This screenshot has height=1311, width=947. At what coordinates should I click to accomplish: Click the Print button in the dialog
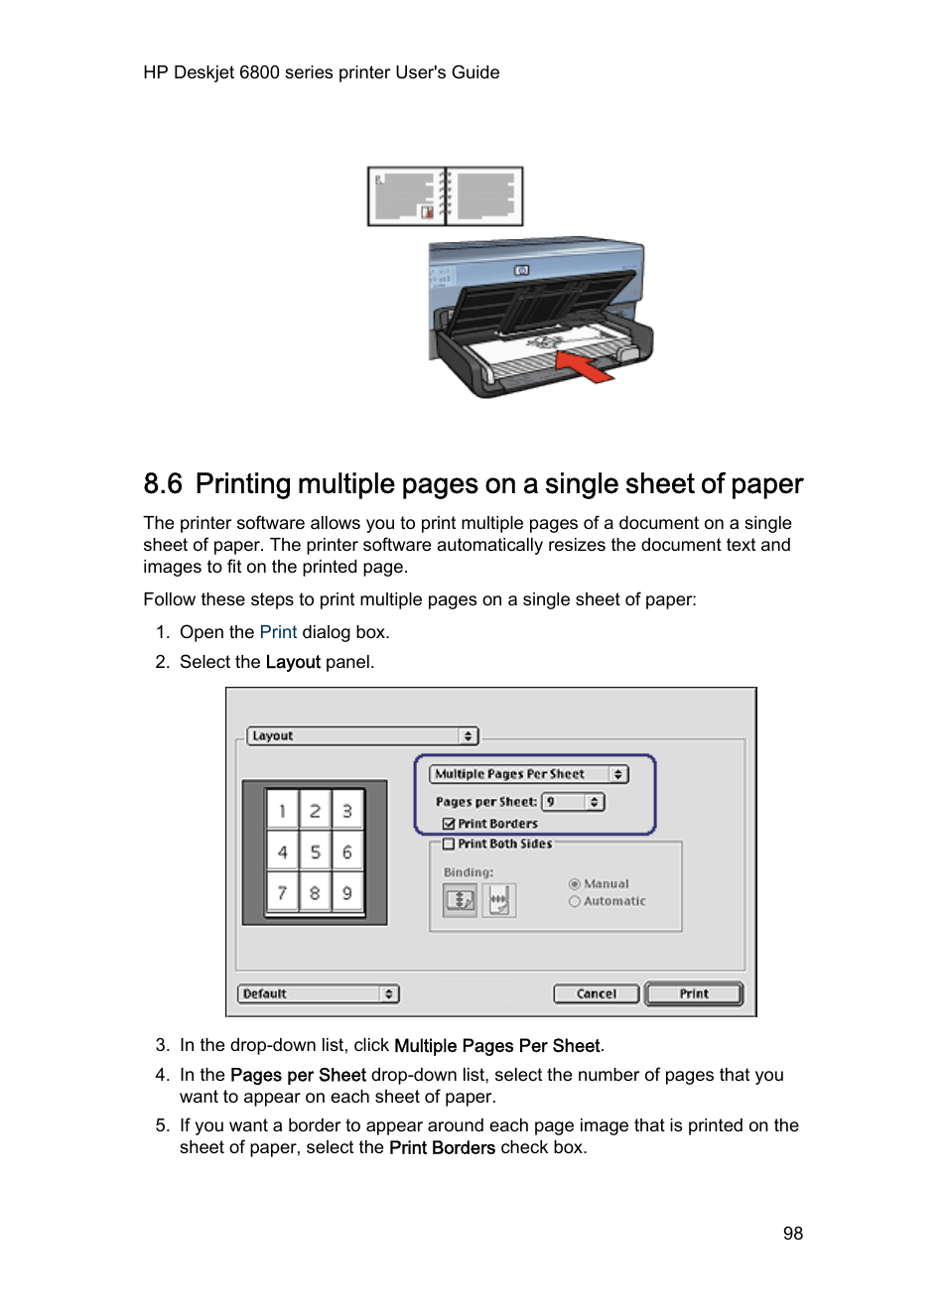coord(694,993)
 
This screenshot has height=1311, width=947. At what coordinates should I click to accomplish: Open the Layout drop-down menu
coord(362,735)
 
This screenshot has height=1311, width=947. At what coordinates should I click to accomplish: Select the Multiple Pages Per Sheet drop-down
coord(529,774)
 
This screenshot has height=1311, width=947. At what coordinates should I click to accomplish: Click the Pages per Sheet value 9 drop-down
coord(573,802)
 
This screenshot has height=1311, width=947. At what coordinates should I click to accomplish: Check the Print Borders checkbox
coord(449,824)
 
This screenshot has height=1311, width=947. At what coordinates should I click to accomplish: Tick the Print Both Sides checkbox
coord(449,844)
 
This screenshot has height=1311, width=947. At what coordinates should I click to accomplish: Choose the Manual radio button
coord(575,884)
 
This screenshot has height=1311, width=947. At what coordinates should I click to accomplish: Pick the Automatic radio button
coord(575,901)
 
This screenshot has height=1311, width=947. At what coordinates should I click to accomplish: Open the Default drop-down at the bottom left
coord(318,993)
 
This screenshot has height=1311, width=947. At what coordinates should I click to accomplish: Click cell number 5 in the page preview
coord(315,852)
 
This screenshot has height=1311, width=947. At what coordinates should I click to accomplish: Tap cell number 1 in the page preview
coord(282,811)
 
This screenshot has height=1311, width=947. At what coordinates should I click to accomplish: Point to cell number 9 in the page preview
coord(347,892)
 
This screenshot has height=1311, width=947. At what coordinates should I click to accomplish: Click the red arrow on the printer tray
coord(585,365)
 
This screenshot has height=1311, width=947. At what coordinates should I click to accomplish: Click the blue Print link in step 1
coord(278,632)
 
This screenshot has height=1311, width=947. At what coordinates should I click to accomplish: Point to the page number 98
coord(792,1234)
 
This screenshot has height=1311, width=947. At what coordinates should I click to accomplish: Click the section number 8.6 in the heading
coord(163,484)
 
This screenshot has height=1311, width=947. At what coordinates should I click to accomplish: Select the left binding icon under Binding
coord(460,900)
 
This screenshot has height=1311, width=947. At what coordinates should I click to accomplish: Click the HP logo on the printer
coord(522,270)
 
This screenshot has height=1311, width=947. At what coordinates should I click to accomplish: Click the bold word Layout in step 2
coord(293,662)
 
